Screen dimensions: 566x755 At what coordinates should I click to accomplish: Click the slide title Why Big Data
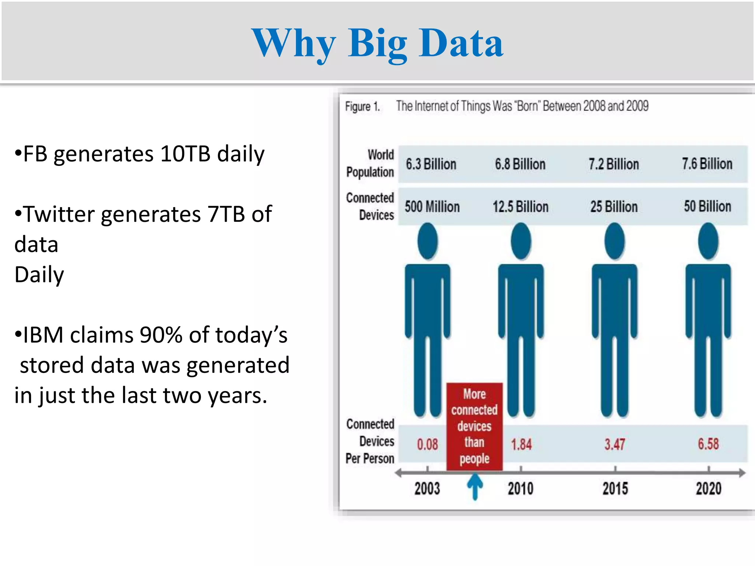(x=377, y=43)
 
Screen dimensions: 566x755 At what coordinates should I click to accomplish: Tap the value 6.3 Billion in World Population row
(x=431, y=164)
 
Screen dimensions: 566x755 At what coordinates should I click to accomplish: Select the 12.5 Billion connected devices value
(x=521, y=207)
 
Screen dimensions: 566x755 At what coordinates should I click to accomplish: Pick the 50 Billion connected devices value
(x=707, y=206)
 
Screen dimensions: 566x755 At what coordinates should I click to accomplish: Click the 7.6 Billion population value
(x=707, y=164)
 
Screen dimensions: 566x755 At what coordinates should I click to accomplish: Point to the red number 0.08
(x=427, y=444)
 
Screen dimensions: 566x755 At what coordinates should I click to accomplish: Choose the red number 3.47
(x=615, y=444)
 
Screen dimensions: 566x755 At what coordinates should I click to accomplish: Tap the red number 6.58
(x=708, y=444)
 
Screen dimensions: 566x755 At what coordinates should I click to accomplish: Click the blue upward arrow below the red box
(x=475, y=486)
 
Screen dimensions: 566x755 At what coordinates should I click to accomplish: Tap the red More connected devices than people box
(x=474, y=426)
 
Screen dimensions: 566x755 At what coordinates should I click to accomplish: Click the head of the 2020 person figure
(x=708, y=242)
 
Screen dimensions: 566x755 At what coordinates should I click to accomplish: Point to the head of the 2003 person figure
(x=428, y=242)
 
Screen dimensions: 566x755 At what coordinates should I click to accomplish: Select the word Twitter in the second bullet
(x=59, y=214)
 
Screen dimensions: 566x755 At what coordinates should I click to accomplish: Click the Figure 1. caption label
(x=362, y=107)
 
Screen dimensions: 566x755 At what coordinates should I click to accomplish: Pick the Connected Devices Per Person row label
(x=370, y=441)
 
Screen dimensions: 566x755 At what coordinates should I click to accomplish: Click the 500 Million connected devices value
(x=432, y=207)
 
